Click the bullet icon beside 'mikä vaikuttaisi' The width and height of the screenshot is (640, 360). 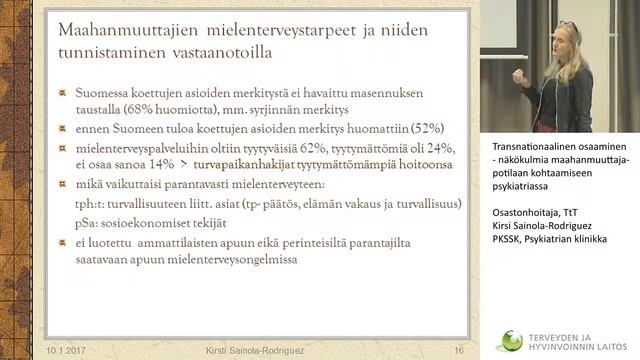[x=64, y=185]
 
